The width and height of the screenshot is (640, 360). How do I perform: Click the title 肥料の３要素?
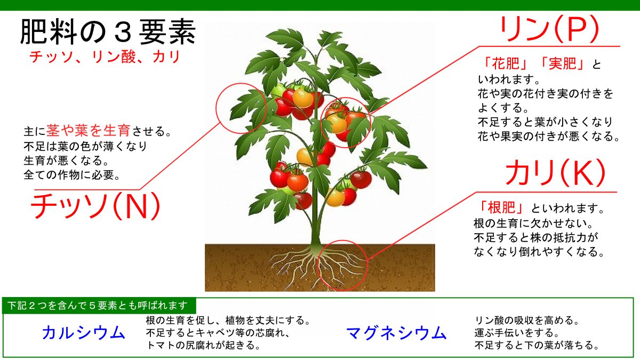(108, 31)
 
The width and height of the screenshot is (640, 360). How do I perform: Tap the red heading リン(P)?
(549, 29)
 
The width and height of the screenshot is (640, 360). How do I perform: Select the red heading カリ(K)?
(555, 173)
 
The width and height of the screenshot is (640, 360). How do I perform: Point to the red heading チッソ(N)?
(95, 206)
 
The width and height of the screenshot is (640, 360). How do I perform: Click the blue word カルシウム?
(84, 333)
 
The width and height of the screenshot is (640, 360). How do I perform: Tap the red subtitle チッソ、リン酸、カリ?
(105, 57)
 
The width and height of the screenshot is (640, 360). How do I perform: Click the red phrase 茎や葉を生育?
(89, 130)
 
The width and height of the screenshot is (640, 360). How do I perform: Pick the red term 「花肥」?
(506, 63)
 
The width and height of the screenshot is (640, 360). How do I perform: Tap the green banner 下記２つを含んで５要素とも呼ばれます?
(99, 306)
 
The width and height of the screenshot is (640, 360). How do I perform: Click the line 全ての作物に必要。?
(72, 174)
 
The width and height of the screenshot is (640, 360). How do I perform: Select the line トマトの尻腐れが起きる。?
(203, 345)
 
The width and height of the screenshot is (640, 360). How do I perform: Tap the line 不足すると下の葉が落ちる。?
(537, 345)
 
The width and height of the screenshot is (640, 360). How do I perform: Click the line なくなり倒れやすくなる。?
(539, 251)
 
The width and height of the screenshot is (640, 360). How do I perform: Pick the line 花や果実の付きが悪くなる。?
(549, 136)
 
